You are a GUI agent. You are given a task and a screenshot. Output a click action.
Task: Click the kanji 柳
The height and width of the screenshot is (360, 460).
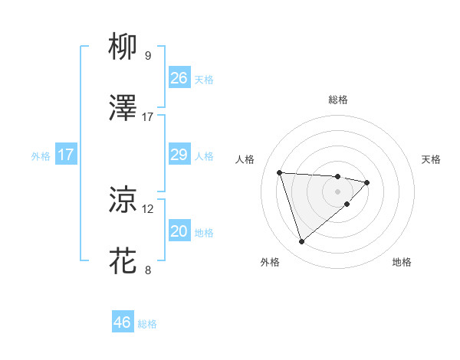[123, 47]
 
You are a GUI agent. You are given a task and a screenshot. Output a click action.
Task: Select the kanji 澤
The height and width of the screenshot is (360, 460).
[123, 108]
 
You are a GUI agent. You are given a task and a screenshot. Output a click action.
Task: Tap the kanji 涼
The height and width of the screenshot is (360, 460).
[123, 200]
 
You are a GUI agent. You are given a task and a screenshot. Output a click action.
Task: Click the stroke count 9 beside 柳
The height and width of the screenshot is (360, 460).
[148, 56]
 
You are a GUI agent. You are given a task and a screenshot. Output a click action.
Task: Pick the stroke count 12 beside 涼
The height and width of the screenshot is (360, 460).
[148, 208]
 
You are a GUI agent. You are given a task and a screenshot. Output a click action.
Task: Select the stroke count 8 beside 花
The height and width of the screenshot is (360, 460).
[148, 270]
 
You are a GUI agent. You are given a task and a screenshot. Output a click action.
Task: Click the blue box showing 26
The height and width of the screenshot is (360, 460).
[179, 78]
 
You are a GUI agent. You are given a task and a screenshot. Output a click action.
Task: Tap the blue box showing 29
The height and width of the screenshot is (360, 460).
[179, 155]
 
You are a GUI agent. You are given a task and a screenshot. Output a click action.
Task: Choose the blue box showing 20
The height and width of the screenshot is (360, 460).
[179, 231]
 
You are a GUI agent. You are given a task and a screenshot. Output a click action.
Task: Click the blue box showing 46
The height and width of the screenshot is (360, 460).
[123, 322]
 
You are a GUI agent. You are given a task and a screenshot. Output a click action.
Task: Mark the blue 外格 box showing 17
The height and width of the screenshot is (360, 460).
[66, 155]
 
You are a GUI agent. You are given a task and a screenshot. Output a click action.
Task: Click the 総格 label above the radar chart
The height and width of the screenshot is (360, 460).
[337, 100]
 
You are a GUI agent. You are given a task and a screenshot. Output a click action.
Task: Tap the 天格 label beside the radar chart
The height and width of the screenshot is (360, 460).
[431, 159]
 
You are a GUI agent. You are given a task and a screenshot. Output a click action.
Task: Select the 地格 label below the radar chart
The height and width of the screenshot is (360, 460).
[402, 263]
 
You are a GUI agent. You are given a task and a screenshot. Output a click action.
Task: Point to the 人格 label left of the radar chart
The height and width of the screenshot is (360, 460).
[245, 159]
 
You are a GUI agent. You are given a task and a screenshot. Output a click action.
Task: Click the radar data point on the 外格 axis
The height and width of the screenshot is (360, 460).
[302, 242]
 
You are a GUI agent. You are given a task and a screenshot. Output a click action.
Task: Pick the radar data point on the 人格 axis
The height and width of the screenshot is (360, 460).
[280, 172]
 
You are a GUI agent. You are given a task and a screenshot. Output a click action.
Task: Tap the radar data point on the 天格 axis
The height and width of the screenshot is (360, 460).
[367, 182]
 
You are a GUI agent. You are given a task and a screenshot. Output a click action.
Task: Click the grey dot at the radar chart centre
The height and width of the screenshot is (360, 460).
[337, 191]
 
